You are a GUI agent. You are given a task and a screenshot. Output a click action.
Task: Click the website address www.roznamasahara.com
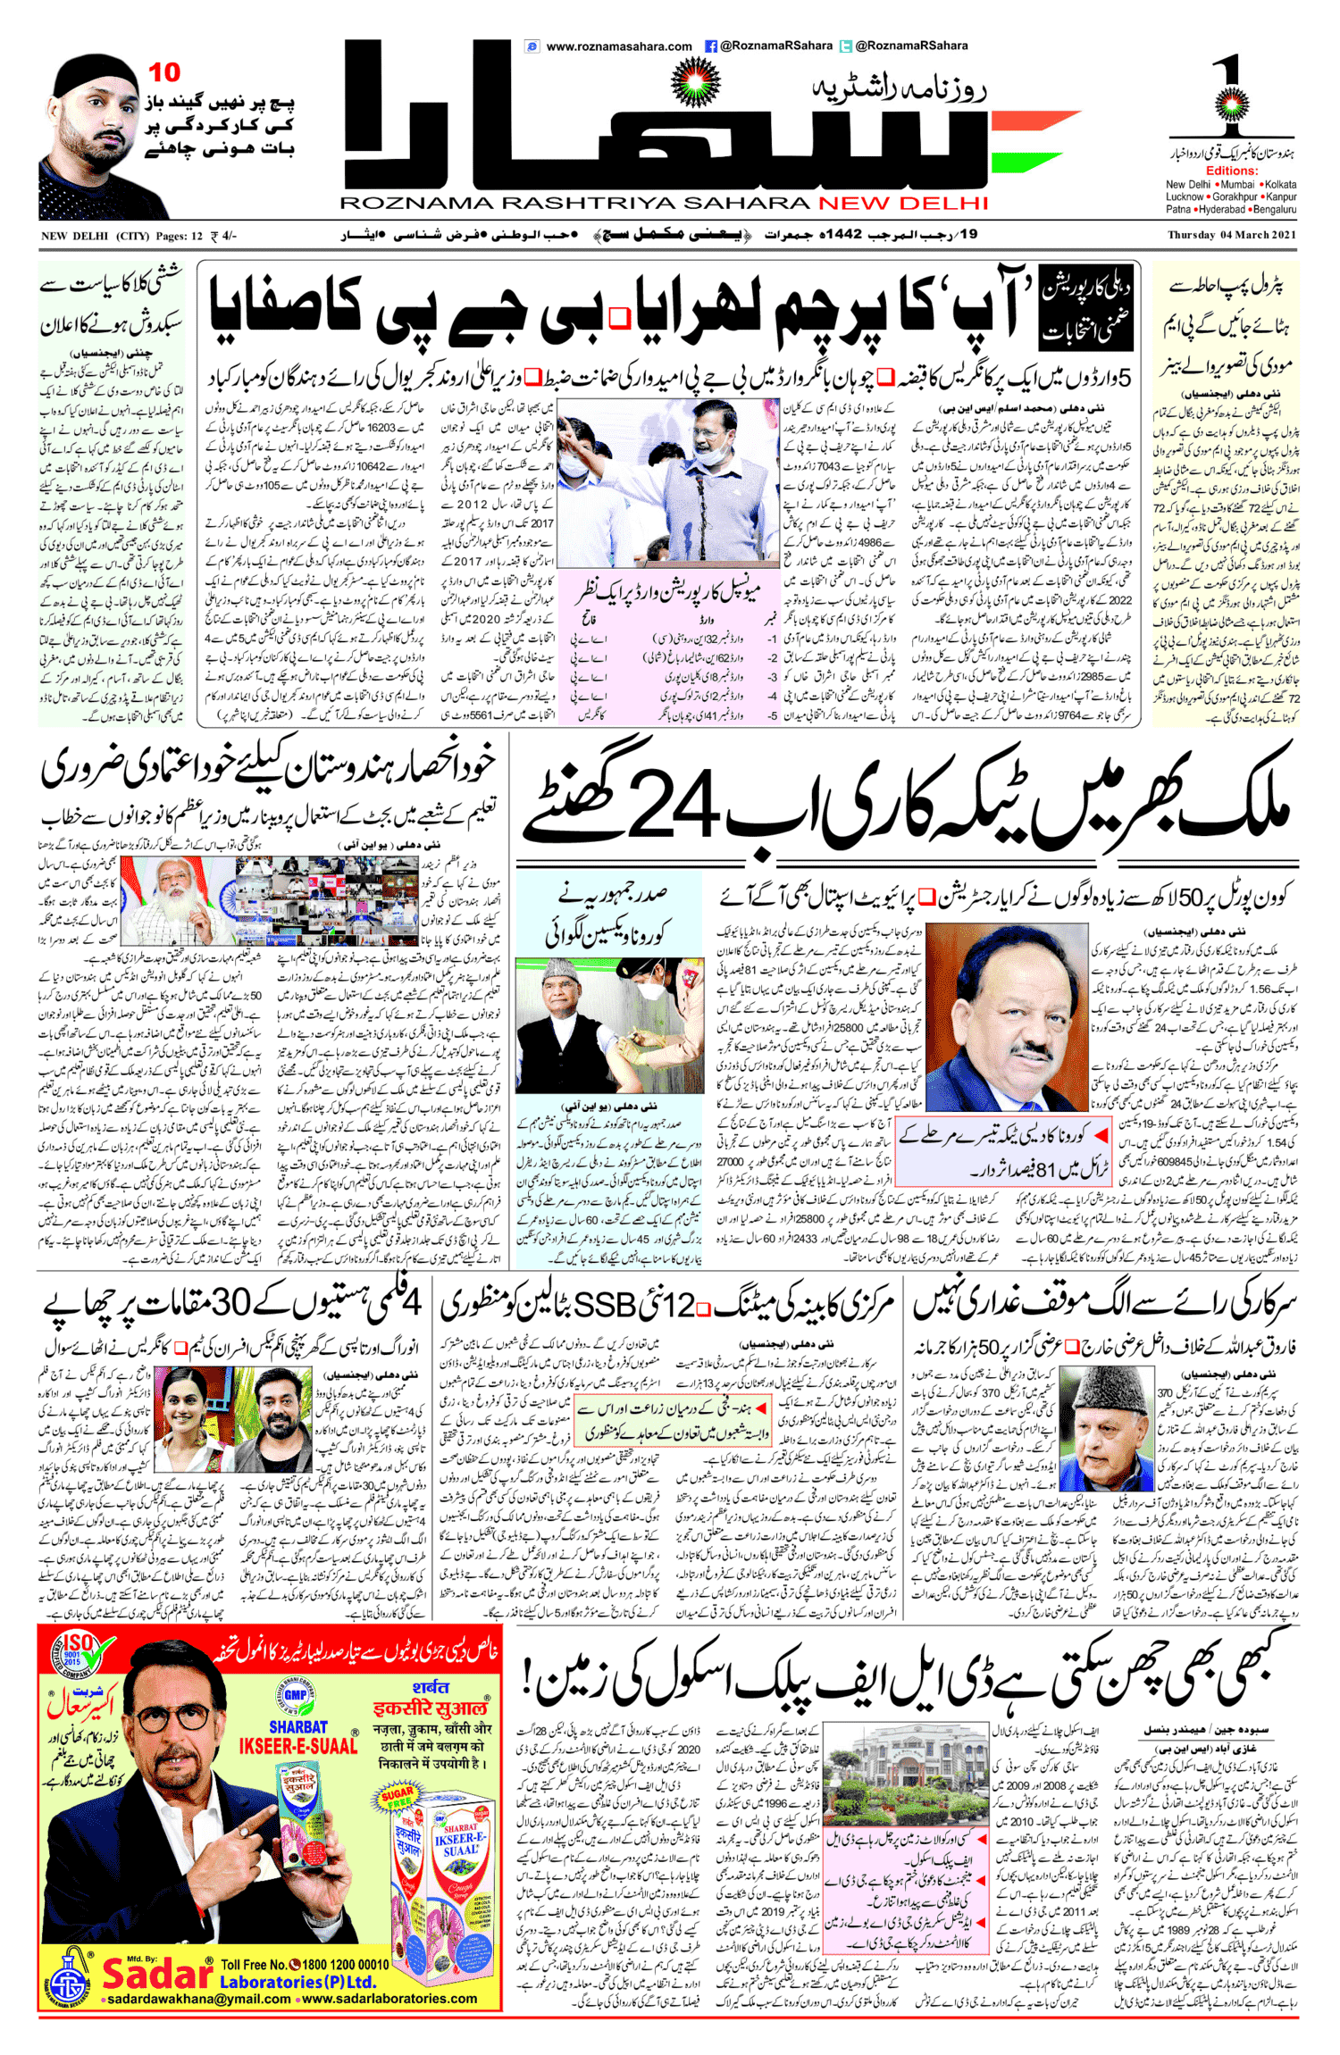pyautogui.click(x=618, y=46)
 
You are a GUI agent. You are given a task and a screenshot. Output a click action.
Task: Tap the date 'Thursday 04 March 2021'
pyautogui.click(x=1231, y=236)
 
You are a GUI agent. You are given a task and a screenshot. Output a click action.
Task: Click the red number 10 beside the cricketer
pyautogui.click(x=164, y=72)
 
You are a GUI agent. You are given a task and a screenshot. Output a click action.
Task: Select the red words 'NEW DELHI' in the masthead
pyautogui.click(x=903, y=204)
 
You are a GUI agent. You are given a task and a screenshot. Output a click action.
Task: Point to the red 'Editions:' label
pyautogui.click(x=1231, y=171)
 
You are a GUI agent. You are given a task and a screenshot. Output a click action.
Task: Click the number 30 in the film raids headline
pyautogui.click(x=230, y=1305)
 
